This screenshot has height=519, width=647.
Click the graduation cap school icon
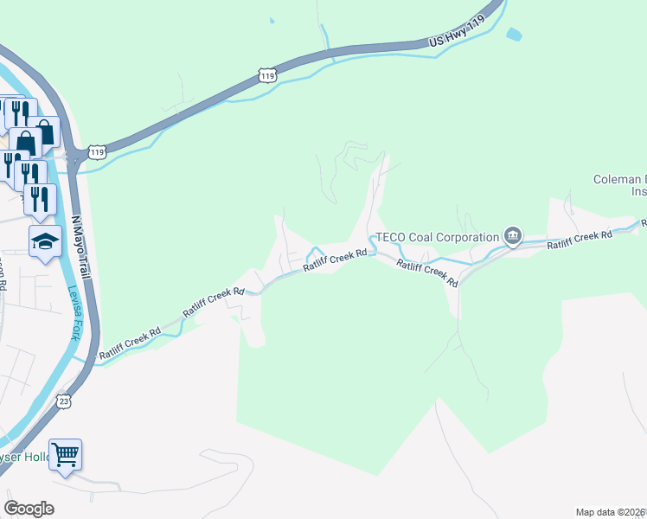45,241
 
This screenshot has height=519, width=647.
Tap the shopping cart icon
66,453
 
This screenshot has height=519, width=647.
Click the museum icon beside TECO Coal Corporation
513,235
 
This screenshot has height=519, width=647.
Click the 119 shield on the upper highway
268,76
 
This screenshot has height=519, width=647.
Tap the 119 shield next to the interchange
97,152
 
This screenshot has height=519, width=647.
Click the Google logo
29,509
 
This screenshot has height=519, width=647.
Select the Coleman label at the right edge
618,179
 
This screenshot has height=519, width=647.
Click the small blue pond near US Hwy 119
515,35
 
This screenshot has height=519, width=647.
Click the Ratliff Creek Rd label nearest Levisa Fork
130,343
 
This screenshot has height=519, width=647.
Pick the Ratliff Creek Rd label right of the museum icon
579,240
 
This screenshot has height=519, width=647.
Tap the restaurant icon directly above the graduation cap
40,199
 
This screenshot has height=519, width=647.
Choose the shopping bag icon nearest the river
44,131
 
